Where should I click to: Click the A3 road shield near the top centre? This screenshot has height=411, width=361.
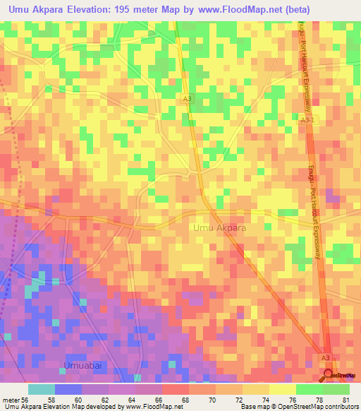pos(185,98)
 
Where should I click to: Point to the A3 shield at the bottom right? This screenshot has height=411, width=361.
pos(325,359)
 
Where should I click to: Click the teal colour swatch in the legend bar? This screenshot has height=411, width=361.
pos(42,389)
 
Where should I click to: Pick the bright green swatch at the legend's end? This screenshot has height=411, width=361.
pos(336,389)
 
